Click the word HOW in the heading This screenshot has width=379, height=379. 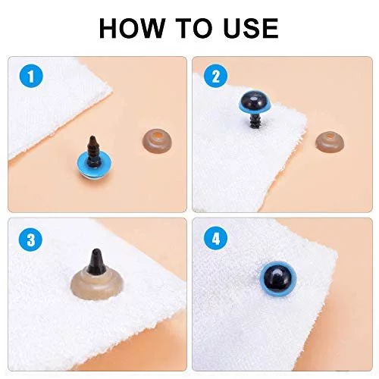coord(132,28)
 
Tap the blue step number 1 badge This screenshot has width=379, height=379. coord(31,76)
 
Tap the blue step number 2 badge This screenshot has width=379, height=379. coord(215,76)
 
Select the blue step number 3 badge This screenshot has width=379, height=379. coord(31,239)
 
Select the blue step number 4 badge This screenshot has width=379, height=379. coord(215,239)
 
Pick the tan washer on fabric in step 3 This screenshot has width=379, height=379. coord(97,284)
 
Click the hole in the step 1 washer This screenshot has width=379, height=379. coord(157,135)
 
